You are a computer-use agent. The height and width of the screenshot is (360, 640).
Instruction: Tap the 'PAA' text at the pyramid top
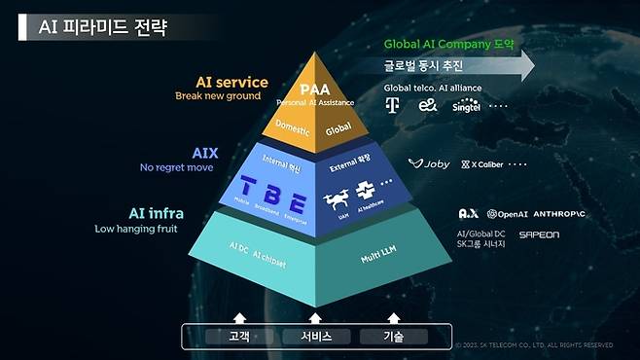(315, 90)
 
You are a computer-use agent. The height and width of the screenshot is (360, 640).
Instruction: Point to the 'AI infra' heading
(158, 214)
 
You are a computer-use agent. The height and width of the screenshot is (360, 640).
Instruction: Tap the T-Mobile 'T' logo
(393, 105)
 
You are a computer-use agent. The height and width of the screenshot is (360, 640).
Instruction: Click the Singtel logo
(467, 106)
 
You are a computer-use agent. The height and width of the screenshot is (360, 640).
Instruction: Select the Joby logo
(429, 164)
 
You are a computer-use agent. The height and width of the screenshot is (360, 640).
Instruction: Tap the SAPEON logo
(539, 234)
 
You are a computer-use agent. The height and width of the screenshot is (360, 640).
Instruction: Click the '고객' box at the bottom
(238, 336)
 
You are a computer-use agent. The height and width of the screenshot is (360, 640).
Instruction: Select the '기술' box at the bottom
(393, 336)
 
